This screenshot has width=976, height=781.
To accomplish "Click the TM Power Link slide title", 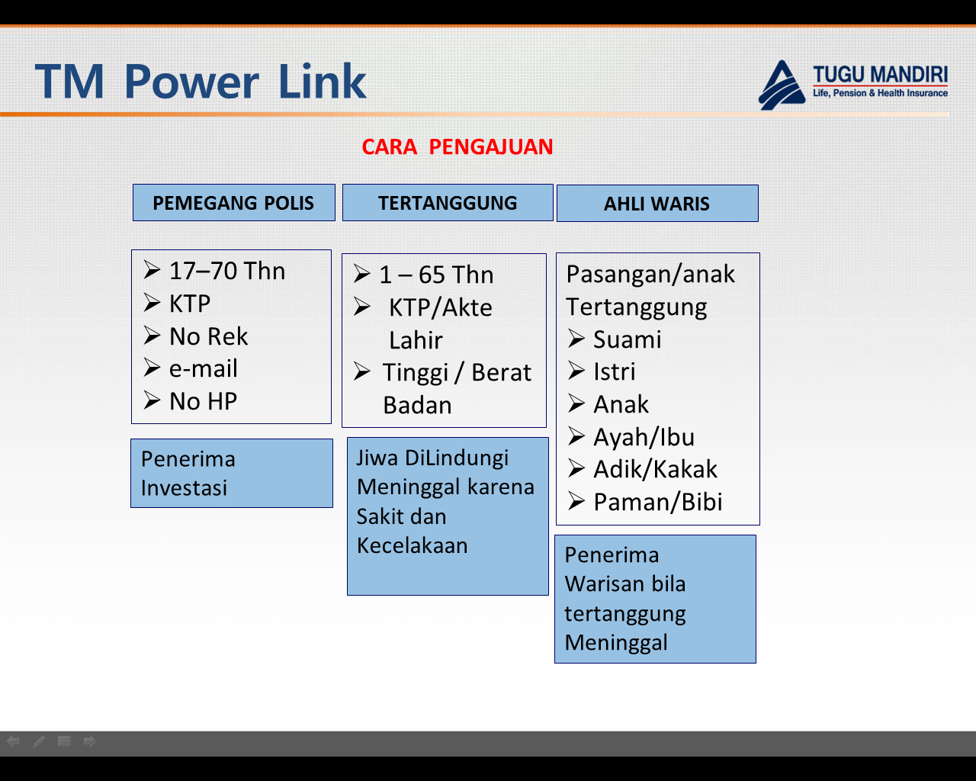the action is pos(201,82).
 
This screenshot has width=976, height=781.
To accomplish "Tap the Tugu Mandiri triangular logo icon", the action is pos(782,86).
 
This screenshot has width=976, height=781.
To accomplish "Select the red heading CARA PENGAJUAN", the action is pos(457,146).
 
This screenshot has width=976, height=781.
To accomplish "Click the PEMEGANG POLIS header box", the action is pos(233,203).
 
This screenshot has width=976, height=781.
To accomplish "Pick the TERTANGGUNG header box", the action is pos(448,203).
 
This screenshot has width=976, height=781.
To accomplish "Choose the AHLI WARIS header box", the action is pos(657,204).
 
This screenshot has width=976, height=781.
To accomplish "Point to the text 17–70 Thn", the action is pos(227,271).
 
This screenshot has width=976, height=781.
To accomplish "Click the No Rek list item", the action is pos(208,336).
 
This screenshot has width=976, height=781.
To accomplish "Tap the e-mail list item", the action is pos(203,368).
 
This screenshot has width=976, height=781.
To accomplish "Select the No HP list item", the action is pos(203,401).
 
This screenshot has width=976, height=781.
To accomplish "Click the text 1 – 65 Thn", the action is pos(436,275).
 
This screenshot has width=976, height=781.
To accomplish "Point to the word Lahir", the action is pos(416,340).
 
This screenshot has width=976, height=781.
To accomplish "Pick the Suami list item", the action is pos(627,339).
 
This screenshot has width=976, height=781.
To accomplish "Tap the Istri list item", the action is pos(614,371).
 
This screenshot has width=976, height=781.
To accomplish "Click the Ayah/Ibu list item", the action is pos(644,437).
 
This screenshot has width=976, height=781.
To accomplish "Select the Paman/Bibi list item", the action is pos(657,502).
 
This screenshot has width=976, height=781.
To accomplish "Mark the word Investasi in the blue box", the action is pos(184,488).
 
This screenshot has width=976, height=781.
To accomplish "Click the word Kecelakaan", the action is pos(412,545).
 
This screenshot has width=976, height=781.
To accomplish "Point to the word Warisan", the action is pos(598,584).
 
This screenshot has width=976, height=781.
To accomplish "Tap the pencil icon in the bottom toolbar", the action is pos(39,741).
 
